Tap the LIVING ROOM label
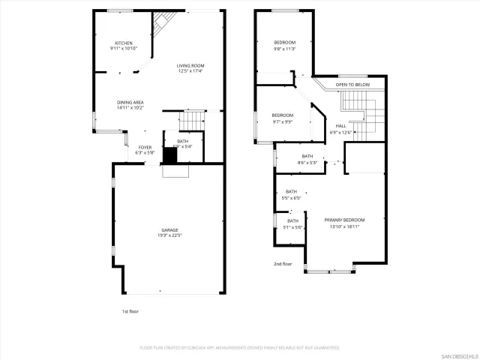190,66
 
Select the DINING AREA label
130,102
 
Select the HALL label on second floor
340,126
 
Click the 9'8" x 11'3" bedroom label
284,42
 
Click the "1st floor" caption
130,310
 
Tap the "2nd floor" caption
282,263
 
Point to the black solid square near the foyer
170,155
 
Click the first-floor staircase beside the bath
193,119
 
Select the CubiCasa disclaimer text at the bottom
240,347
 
